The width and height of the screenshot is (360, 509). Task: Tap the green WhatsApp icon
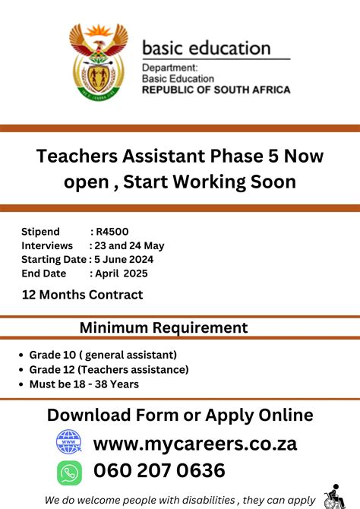click(x=69, y=473)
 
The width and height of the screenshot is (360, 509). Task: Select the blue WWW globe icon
click(x=69, y=443)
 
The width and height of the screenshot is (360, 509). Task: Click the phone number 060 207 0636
click(x=159, y=471)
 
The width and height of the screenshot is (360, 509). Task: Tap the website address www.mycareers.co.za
click(x=195, y=443)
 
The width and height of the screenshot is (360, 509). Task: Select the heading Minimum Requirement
click(x=163, y=328)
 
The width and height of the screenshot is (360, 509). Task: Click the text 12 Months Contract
click(x=82, y=295)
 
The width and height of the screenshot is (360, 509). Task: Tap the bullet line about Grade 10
click(x=103, y=355)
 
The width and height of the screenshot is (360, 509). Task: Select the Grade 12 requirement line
click(x=109, y=369)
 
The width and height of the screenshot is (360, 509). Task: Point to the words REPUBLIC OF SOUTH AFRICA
click(x=216, y=90)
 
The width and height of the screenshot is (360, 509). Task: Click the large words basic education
click(x=206, y=49)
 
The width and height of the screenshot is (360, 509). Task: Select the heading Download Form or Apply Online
click(x=180, y=415)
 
